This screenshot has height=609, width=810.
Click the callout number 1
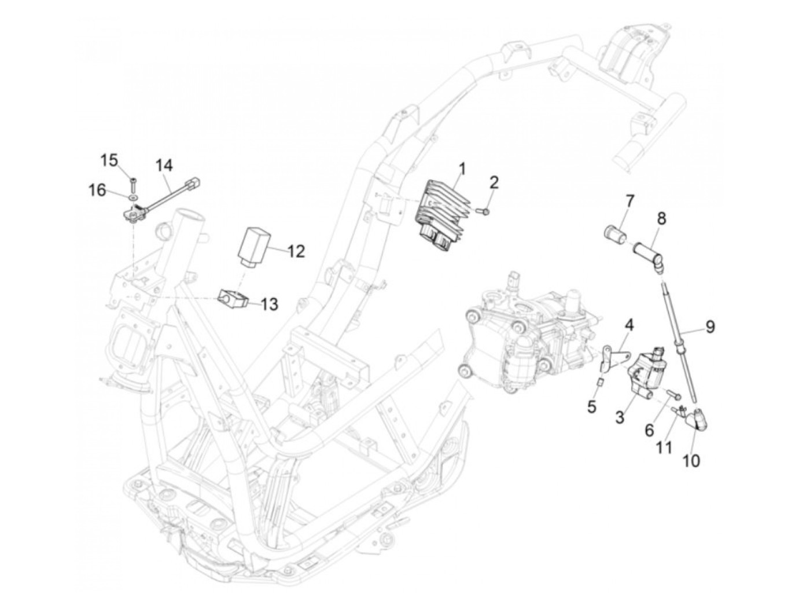coord(462,170)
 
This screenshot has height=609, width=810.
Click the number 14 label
coord(164,166)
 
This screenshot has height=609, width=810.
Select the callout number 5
coord(591,406)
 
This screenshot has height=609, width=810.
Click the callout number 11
coord(665,447)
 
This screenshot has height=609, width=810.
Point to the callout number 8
coord(661,219)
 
